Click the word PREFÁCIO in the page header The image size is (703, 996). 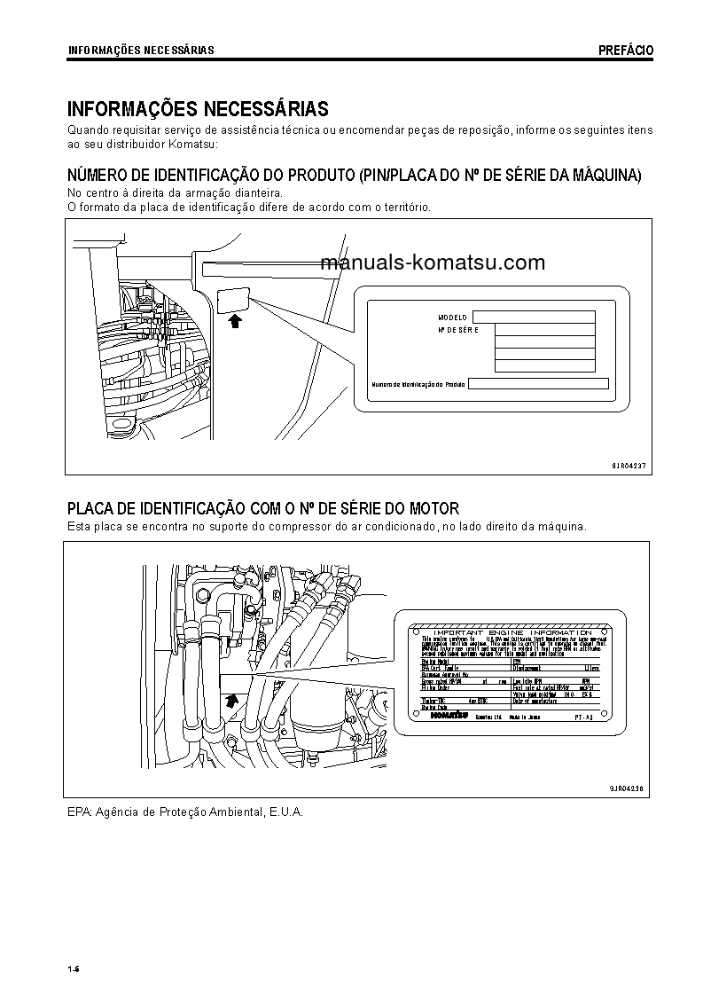[625, 51]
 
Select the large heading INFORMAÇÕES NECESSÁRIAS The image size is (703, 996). [198, 109]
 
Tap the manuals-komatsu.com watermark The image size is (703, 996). [433, 263]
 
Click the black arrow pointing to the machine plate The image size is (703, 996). [234, 321]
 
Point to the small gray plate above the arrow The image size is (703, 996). [233, 299]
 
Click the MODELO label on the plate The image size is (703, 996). [452, 318]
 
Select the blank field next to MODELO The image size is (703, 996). [533, 317]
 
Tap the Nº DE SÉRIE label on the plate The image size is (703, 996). [457, 330]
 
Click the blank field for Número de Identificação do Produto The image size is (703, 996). [537, 384]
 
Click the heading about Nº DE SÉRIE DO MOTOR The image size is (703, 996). [263, 508]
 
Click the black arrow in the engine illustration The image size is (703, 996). [231, 699]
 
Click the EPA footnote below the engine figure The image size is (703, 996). [185, 812]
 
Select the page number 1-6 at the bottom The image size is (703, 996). [74, 968]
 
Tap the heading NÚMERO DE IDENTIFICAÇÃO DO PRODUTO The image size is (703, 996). [355, 176]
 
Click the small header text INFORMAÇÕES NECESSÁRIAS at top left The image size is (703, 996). [141, 51]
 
